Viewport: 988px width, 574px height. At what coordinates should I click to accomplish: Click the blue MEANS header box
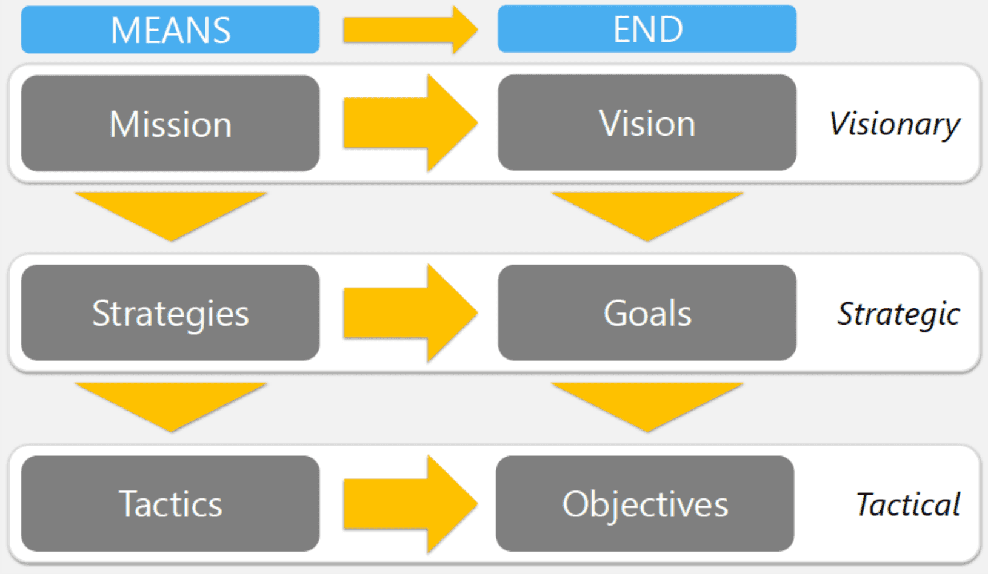pos(170,30)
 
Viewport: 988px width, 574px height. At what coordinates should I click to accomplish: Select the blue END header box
pos(647,29)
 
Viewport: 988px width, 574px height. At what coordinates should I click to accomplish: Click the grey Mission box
pos(170,124)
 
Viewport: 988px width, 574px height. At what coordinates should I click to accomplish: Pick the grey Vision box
pos(647,123)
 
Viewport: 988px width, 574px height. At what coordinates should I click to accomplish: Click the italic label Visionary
pos(894,124)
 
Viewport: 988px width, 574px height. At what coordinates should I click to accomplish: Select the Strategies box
pos(170,313)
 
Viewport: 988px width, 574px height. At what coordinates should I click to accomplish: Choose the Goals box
pos(647,313)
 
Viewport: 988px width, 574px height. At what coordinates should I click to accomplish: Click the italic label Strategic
pos(898,314)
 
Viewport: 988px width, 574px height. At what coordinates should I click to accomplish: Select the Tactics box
pos(170,504)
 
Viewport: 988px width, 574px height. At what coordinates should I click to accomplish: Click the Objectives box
pos(645,504)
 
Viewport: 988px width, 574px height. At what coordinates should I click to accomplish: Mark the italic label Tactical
pos(907,504)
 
